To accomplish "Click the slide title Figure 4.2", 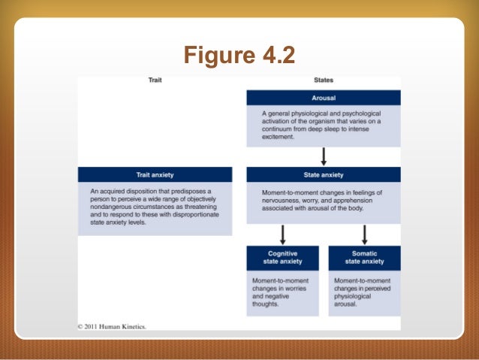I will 239,56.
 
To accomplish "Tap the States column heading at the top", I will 323,80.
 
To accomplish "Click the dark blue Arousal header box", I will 323,98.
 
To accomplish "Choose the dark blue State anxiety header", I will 323,174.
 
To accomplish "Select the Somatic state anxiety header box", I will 364,258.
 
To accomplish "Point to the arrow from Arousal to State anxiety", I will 324,156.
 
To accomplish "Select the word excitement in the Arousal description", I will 277,138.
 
